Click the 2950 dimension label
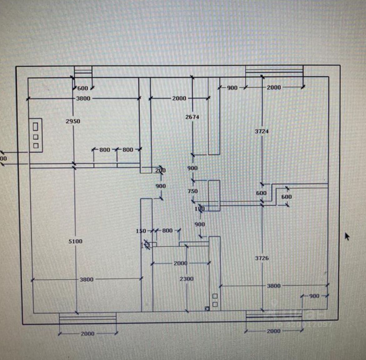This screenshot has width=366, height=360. pyautogui.click(x=73, y=121)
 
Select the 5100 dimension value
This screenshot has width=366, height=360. pyautogui.click(x=75, y=241)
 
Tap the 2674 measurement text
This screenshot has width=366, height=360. pyautogui.click(x=192, y=117)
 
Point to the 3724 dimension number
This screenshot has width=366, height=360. pyautogui.click(x=262, y=131)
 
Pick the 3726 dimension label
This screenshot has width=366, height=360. pyautogui.click(x=262, y=258)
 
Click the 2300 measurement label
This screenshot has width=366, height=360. pyautogui.click(x=186, y=279)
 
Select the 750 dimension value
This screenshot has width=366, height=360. pyautogui.click(x=193, y=191)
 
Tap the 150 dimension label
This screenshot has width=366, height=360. pyautogui.click(x=141, y=231)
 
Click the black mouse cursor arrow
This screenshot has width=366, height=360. pyautogui.click(x=347, y=236)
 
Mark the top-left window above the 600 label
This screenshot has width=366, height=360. pyautogui.click(x=83, y=71)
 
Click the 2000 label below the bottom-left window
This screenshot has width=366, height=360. pyautogui.click(x=88, y=334)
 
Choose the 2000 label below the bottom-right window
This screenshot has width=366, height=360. pyautogui.click(x=274, y=331)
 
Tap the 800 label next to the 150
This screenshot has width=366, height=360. pyautogui.click(x=167, y=230)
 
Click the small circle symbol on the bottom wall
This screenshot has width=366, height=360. pyautogui.click(x=207, y=309)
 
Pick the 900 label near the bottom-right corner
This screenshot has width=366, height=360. pyautogui.click(x=314, y=296)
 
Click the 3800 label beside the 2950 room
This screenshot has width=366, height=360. pyautogui.click(x=83, y=98)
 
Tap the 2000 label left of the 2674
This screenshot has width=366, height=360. pyautogui.click(x=179, y=98)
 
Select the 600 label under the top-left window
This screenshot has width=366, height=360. pyautogui.click(x=83, y=88)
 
